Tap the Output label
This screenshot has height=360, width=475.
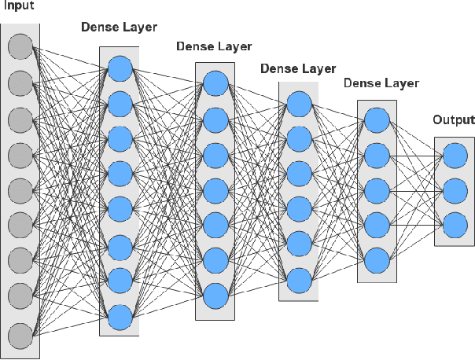coord(454,120)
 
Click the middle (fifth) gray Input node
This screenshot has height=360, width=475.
coord(20,191)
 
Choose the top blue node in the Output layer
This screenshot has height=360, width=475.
coord(455,156)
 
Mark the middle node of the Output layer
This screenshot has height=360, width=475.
coord(455,190)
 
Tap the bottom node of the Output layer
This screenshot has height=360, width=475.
coord(455,225)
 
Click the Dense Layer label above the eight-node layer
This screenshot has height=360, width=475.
coord(119,28)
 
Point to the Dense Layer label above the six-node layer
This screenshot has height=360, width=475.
coord(297,68)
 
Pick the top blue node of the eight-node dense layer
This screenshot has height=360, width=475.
coord(120,67)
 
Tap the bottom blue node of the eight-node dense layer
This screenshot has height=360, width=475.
coord(120,317)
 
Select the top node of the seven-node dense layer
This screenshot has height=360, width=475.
coord(215,83)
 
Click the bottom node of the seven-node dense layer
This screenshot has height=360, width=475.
coord(215,296)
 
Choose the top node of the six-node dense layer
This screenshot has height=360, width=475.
coord(298,104)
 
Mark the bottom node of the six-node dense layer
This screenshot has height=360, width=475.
coord(298,279)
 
